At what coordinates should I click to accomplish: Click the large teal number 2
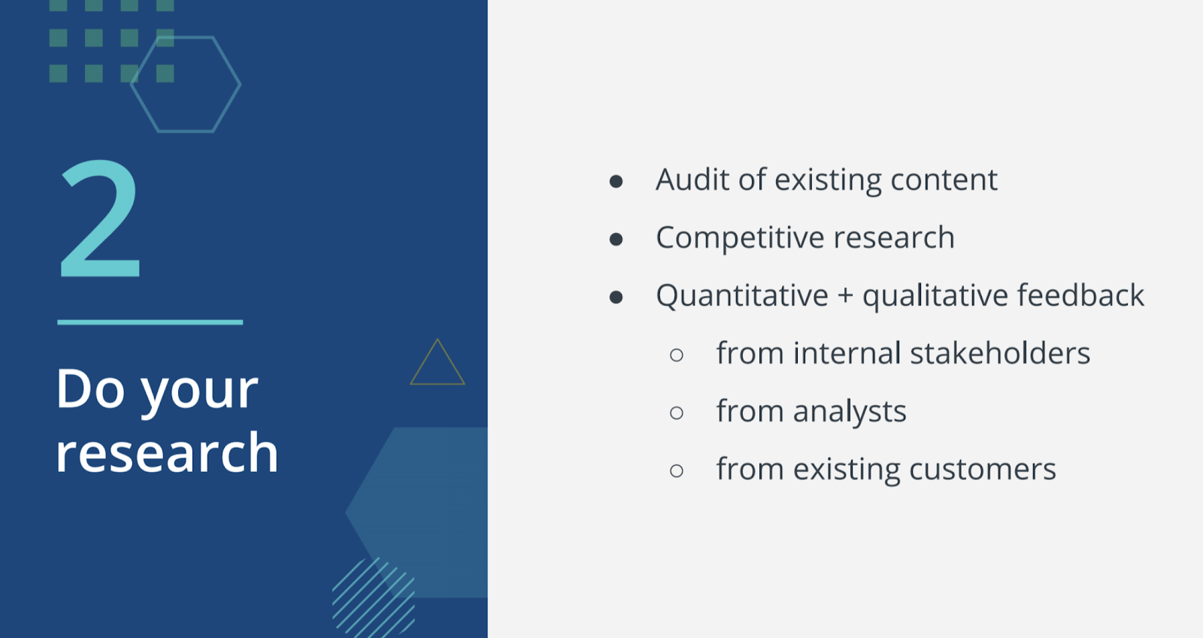pos(101,218)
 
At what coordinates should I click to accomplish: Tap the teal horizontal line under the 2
pos(150,322)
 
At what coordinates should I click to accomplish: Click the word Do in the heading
pos(89,389)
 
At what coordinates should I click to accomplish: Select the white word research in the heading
pos(167,452)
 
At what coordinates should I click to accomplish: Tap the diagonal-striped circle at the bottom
pos(373,598)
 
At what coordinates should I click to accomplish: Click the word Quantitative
pos(742,295)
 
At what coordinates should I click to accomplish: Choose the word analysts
pos(850,412)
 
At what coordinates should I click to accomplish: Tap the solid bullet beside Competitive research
pos(616,239)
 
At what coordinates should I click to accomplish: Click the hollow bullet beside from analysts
pos(677,413)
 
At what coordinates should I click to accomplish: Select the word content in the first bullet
pos(944,179)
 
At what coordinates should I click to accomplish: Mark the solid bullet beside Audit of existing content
pos(616,181)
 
